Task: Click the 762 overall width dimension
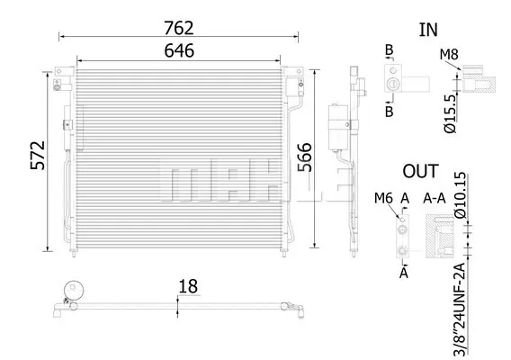[x=179, y=28]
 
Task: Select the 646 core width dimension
[x=179, y=51]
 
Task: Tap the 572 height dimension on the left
[x=38, y=156]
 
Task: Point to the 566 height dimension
[x=305, y=157]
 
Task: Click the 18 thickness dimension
[x=188, y=286]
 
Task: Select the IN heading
[x=428, y=30]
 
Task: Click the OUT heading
[x=420, y=172]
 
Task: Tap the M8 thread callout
[x=449, y=55]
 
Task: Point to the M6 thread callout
[x=383, y=198]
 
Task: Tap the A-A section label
[x=435, y=198]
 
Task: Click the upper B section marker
[x=390, y=50]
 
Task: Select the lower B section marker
[x=390, y=112]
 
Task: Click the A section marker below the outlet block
[x=404, y=273]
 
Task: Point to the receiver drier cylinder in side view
[x=338, y=127]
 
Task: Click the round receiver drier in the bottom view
[x=74, y=290]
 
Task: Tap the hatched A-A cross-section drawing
[x=440, y=237]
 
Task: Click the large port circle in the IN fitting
[x=392, y=84]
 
